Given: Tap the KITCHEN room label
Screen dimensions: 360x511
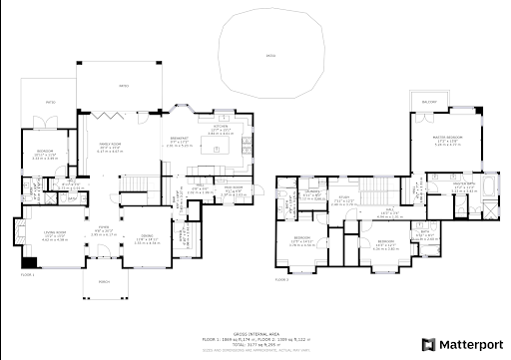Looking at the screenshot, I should click(x=221, y=129).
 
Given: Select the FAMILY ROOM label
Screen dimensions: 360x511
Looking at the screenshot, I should click(x=111, y=146).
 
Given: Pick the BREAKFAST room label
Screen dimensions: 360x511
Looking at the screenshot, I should click(x=181, y=139).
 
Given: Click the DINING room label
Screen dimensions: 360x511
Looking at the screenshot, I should click(x=147, y=236).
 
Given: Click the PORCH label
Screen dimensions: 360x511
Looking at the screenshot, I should click(x=104, y=281).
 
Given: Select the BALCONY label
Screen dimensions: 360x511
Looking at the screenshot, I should click(x=429, y=102).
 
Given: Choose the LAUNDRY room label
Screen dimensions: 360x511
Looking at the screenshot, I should click(x=311, y=189).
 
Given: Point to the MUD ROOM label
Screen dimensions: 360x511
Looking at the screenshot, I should click(x=233, y=188).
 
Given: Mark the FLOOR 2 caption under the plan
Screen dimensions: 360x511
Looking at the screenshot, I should click(x=283, y=280).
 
